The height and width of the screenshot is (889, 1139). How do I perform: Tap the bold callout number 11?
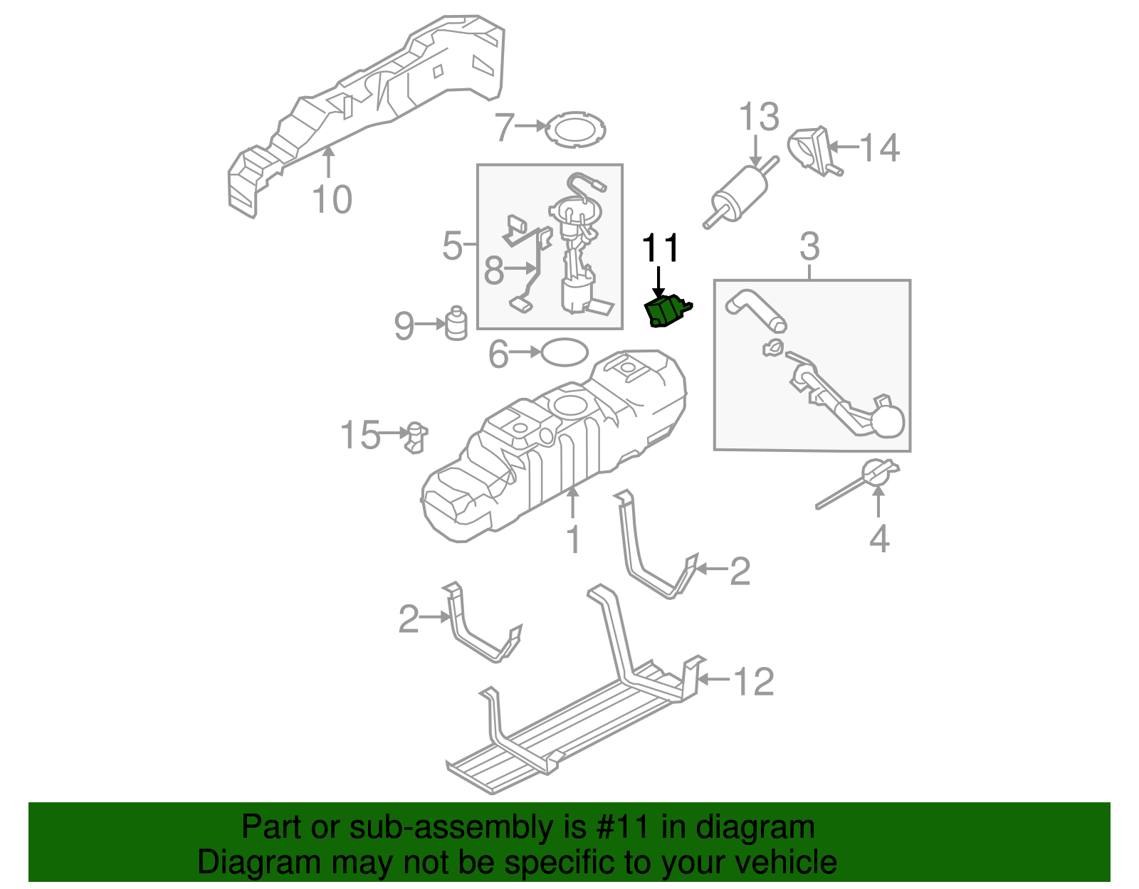661,248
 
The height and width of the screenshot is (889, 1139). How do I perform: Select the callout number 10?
332,199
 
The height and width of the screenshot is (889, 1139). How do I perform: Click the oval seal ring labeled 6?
565,352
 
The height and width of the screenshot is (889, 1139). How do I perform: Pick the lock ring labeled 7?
576,130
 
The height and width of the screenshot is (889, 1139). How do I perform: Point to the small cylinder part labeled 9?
456,324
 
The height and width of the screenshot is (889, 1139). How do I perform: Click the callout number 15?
359,435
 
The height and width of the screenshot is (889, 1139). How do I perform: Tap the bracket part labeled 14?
812,149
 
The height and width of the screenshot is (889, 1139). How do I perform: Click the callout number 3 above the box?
809,247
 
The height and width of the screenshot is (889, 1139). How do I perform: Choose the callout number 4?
879,539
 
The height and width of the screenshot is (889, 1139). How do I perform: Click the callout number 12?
753,682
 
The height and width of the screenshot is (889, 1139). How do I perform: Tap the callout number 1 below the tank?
574,540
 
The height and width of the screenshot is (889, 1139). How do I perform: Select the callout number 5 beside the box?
452,246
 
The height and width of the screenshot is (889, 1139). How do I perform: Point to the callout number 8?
493,271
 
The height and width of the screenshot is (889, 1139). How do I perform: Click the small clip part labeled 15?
416,437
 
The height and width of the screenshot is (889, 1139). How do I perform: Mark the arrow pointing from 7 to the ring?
530,126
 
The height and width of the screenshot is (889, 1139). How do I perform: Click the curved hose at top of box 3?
756,310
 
